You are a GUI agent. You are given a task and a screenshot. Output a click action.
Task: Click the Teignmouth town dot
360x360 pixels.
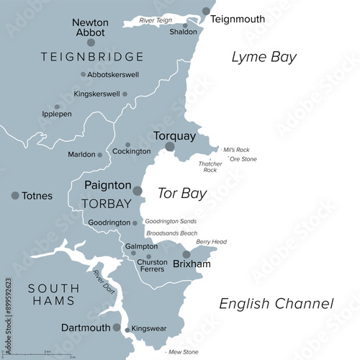tap(207, 12)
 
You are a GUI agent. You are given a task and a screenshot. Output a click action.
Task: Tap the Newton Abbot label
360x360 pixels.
tap(91, 27)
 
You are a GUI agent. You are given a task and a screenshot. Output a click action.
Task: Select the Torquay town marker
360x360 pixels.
tap(170, 147)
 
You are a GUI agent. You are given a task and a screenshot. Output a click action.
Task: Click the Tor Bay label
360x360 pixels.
tap(181, 193)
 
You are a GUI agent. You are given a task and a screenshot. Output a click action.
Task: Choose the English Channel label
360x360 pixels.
tap(276, 304)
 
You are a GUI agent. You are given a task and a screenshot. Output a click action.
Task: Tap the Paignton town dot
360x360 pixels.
tap(138, 191)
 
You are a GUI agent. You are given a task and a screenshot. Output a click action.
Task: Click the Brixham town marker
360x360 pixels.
tap(186, 254)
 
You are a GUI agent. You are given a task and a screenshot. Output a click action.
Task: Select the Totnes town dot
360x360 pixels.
tap(15, 195)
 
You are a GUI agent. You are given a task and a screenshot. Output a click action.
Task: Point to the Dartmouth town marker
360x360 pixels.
tap(117, 327)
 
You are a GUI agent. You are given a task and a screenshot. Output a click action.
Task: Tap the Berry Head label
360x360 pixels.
tap(212, 242)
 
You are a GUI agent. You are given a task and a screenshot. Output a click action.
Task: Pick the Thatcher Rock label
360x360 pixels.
tap(210, 167)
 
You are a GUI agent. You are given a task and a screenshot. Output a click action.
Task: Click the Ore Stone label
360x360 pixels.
tap(243, 159)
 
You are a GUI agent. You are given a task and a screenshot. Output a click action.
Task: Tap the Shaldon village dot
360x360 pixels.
tap(185, 26)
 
